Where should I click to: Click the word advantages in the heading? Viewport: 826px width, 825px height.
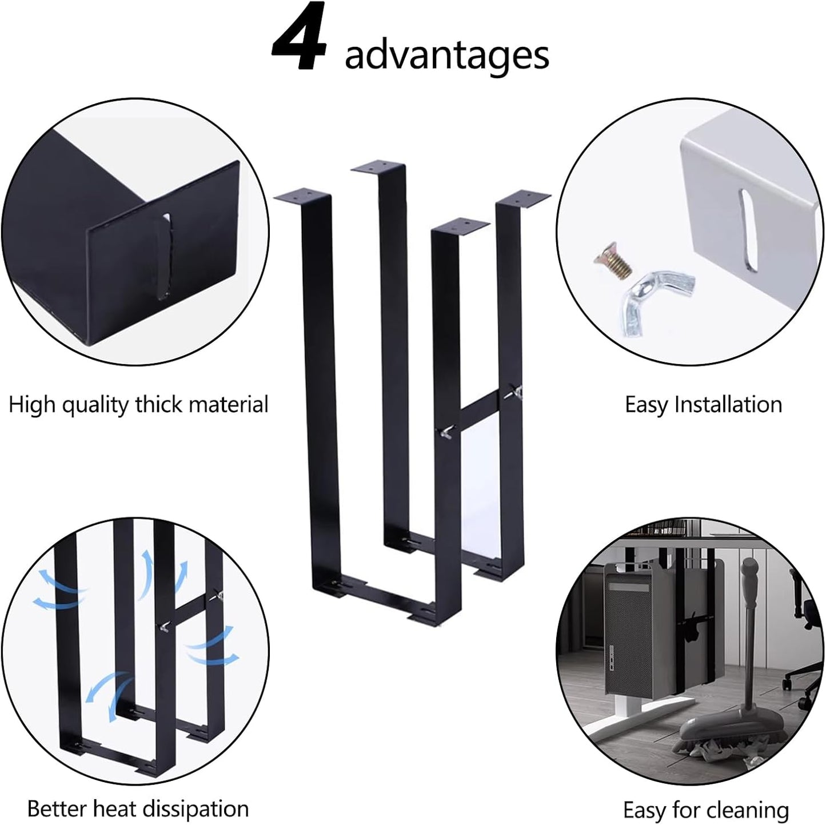446,55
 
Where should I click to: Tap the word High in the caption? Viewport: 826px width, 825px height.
32,405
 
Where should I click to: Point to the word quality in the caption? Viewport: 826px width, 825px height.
95,405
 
